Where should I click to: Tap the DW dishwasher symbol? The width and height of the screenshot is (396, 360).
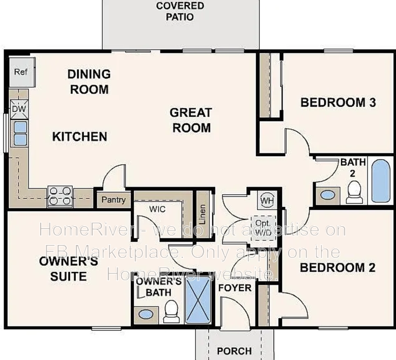(18, 109)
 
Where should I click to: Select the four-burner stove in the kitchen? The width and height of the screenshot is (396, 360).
(60, 196)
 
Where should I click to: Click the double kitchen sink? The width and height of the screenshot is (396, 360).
(20, 133)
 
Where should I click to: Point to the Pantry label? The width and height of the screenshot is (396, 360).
(113, 199)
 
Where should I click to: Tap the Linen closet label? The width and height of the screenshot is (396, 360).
(203, 214)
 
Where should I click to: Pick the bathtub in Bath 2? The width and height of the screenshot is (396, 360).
(380, 181)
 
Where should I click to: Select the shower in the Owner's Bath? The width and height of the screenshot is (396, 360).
(198, 300)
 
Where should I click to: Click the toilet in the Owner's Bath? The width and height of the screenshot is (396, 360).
(172, 311)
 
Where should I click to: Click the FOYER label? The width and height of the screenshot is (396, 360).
(235, 288)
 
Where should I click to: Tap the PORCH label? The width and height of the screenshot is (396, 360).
(234, 350)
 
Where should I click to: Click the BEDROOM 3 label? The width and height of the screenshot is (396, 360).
(338, 102)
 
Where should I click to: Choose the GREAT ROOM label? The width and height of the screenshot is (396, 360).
(191, 120)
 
